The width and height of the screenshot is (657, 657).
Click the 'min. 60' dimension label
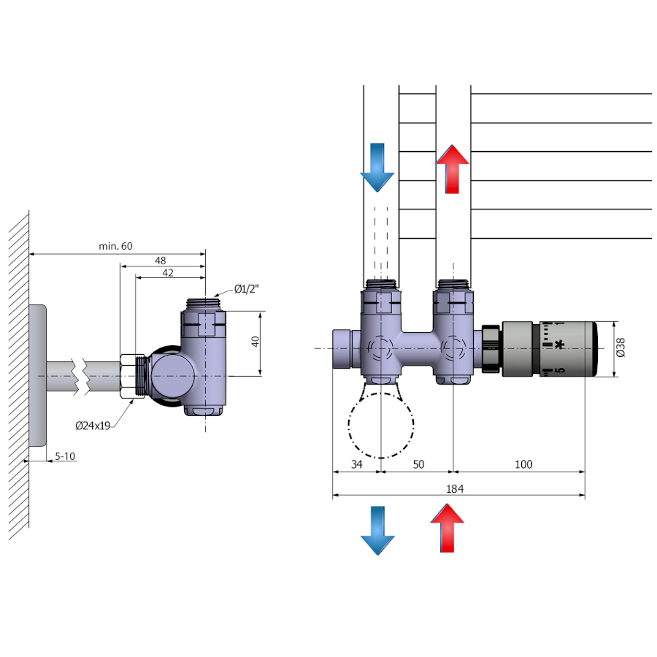click(116, 246)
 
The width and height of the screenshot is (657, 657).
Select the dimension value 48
click(161, 260)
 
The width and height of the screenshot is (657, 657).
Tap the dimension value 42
click(168, 272)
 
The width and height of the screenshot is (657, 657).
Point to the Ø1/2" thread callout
click(247, 289)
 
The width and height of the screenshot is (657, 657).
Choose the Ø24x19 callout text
click(93, 426)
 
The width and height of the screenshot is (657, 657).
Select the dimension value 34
click(356, 464)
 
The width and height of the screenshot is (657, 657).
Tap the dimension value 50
click(418, 464)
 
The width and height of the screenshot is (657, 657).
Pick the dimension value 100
click(523, 464)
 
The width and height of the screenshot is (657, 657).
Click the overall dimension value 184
click(455, 489)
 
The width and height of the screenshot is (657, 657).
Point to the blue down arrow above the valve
click(377, 167)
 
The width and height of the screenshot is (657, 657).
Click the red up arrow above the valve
click(453, 169)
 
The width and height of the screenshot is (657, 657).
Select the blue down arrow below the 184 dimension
click(377, 530)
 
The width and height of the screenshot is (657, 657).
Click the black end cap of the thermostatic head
click(592, 349)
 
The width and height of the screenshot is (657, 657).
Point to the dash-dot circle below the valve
click(380, 425)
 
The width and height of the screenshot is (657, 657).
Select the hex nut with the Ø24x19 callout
click(131, 375)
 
